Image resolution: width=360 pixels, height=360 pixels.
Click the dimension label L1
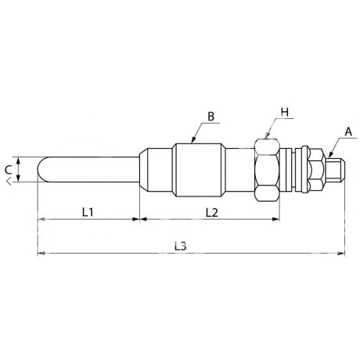[x=88, y=212]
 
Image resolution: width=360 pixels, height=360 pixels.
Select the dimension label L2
[x=211, y=213]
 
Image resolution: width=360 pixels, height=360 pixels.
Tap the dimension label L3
[x=181, y=246]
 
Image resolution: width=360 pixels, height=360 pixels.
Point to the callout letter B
[x=211, y=117]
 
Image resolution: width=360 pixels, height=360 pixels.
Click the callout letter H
[x=285, y=112]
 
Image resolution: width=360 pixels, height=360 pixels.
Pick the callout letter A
[x=348, y=132]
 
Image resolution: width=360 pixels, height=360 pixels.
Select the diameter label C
[x=8, y=170]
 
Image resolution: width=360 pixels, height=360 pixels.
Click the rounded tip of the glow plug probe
[x=41, y=170]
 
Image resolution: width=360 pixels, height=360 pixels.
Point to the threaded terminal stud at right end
[x=336, y=170]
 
